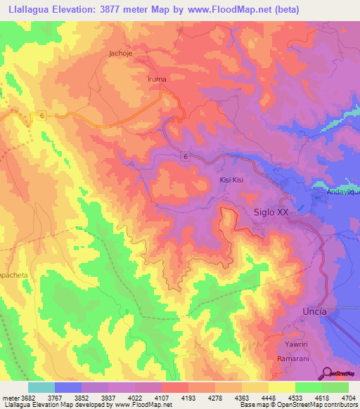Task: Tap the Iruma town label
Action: point(157,79)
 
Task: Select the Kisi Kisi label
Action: point(233,180)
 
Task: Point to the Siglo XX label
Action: point(271,211)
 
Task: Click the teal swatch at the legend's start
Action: point(41,387)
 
